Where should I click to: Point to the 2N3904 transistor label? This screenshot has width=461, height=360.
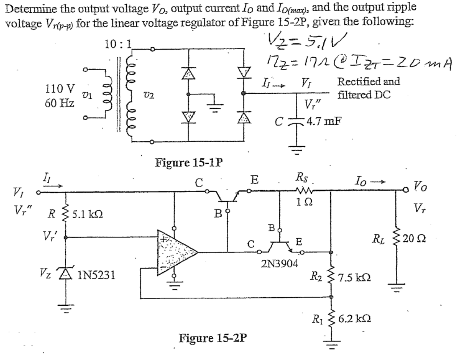280,263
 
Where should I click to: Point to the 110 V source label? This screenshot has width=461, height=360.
61,88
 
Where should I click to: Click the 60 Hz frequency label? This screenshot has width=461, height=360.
60,103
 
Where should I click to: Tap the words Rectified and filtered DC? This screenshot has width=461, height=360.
368,88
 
